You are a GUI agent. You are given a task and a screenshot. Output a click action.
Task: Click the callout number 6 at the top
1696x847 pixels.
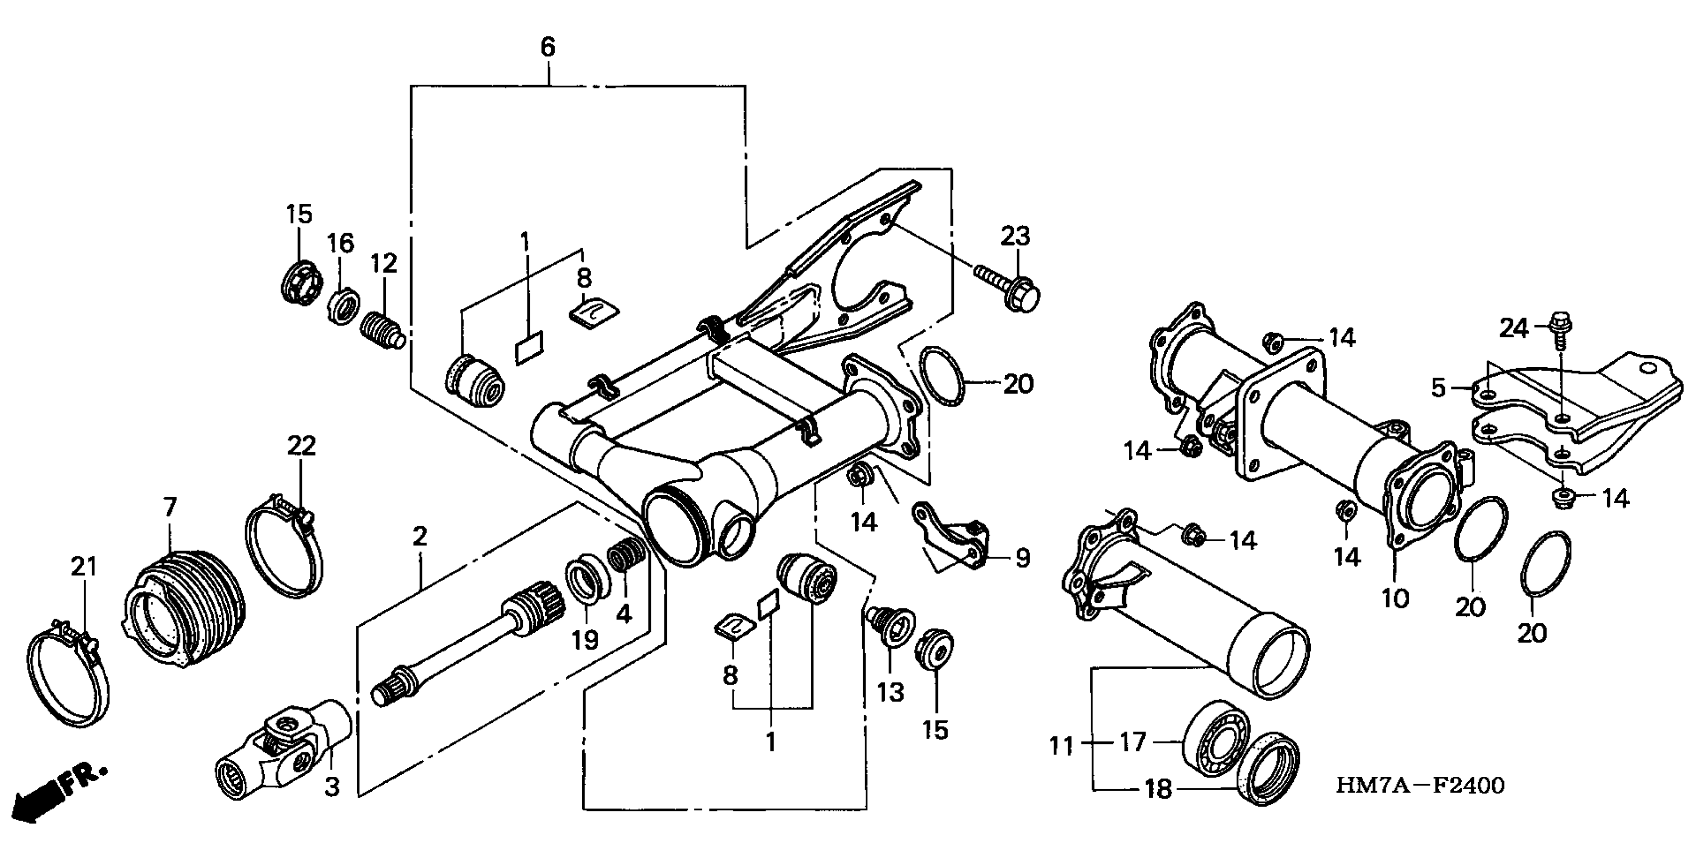548,47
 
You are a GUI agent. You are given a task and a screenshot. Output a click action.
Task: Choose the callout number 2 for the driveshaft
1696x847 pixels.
420,537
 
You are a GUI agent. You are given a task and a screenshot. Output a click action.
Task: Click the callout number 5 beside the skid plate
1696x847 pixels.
1438,388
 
